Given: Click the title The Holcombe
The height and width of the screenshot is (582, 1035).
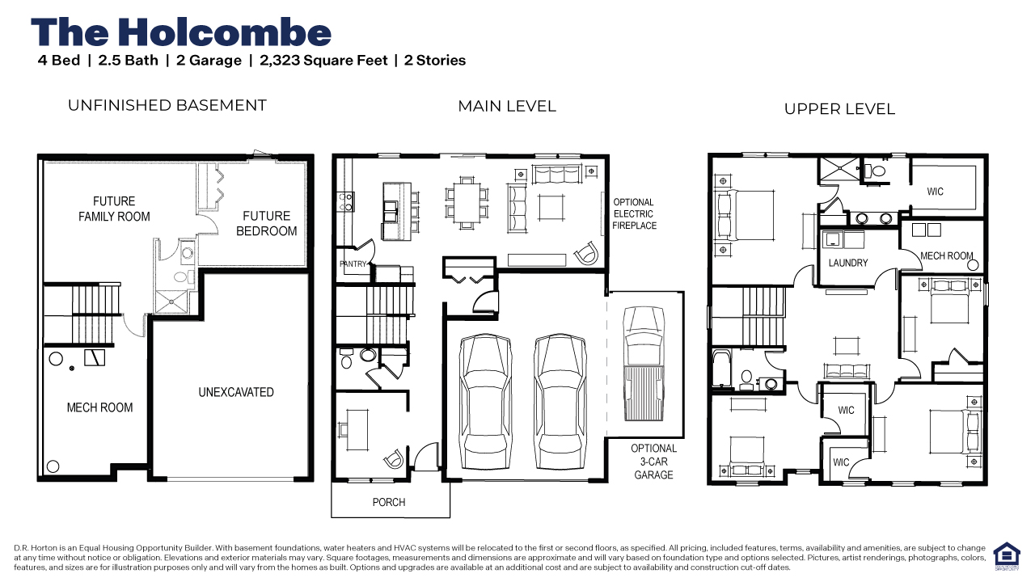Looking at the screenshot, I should pyautogui.click(x=181, y=32).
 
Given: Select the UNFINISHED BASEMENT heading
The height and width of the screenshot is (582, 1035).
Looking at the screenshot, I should pyautogui.click(x=167, y=105).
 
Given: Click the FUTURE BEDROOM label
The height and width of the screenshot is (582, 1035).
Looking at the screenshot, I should pyautogui.click(x=266, y=223).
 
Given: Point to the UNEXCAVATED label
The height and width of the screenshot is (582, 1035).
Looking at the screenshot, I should pyautogui.click(x=236, y=392).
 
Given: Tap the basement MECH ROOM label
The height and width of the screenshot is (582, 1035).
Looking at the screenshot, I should pyautogui.click(x=99, y=407).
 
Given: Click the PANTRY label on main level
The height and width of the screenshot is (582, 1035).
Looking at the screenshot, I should pyautogui.click(x=353, y=264).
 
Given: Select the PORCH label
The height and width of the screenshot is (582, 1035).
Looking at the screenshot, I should pyautogui.click(x=389, y=502).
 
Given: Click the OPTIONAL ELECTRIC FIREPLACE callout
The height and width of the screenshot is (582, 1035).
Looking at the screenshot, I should pyautogui.click(x=634, y=214).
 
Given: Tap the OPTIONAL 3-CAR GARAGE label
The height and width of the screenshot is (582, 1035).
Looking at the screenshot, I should pyautogui.click(x=653, y=462).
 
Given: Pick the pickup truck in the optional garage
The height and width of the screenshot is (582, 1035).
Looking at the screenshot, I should pyautogui.click(x=643, y=364).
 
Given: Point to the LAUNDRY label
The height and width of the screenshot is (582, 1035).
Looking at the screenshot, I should pyautogui.click(x=848, y=263).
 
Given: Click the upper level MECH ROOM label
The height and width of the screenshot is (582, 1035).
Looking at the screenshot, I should pyautogui.click(x=946, y=256).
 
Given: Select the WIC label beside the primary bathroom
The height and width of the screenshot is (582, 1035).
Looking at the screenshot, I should pyautogui.click(x=936, y=192).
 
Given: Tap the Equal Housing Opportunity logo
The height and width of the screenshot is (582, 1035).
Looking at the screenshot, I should pyautogui.click(x=1005, y=555).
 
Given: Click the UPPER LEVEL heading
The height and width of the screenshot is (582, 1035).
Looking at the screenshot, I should pyautogui.click(x=839, y=109).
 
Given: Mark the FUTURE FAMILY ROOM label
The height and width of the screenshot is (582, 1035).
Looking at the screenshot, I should pyautogui.click(x=114, y=209).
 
